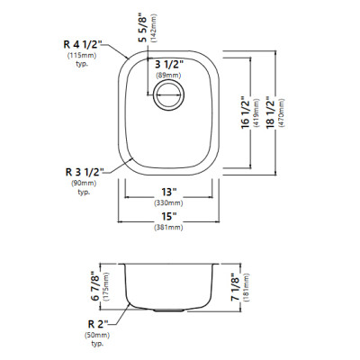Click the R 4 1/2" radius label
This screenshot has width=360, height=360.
(x=83, y=45)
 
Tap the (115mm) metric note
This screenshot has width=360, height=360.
(x=82, y=56)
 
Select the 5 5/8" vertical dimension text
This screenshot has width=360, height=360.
(x=143, y=28)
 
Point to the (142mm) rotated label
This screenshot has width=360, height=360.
(x=154, y=28)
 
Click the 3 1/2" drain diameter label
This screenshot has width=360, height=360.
(x=168, y=64)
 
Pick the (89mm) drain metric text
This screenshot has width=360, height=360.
(x=168, y=76)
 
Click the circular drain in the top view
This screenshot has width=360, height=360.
(x=168, y=96)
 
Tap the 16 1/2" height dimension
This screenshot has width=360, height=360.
(x=246, y=112)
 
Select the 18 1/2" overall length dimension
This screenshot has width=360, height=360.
(x=270, y=112)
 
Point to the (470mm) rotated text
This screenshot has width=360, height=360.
(x=281, y=112)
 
